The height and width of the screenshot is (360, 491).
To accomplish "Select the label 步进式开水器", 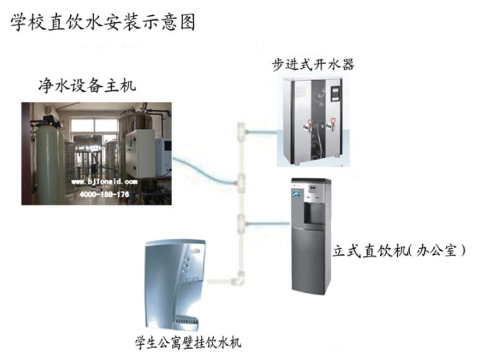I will (313, 65).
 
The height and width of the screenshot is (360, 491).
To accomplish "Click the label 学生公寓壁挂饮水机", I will (188, 343).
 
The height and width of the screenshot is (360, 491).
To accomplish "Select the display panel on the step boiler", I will (337, 91).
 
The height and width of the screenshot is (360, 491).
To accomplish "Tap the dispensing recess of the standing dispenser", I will (312, 214).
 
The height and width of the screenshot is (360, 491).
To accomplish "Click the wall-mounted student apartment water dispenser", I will (176, 284).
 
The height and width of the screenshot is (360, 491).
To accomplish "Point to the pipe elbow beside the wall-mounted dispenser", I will (238, 281).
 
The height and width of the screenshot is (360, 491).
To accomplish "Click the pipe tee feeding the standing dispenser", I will (242, 222).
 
